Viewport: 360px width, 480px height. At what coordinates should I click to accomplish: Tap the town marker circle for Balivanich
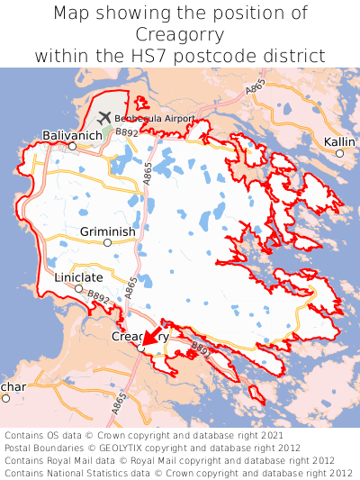click(72, 145)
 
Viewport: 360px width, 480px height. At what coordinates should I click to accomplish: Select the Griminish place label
click(107, 231)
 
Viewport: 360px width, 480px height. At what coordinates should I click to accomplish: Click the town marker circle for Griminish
click(107, 242)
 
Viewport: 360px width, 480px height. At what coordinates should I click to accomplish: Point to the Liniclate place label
click(78, 277)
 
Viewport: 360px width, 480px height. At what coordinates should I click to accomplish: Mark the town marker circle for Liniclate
click(78, 289)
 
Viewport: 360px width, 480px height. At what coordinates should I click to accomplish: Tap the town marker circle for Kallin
click(339, 154)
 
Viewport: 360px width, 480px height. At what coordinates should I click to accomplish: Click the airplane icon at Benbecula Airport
click(103, 118)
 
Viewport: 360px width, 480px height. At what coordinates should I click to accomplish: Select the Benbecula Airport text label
click(154, 119)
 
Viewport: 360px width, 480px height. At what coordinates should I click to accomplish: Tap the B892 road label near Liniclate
click(98, 297)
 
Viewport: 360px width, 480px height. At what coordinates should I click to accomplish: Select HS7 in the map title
click(171, 55)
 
